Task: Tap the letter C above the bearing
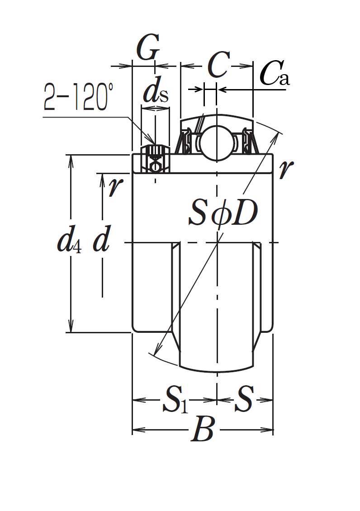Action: point(218,65)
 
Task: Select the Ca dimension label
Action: point(275,73)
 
